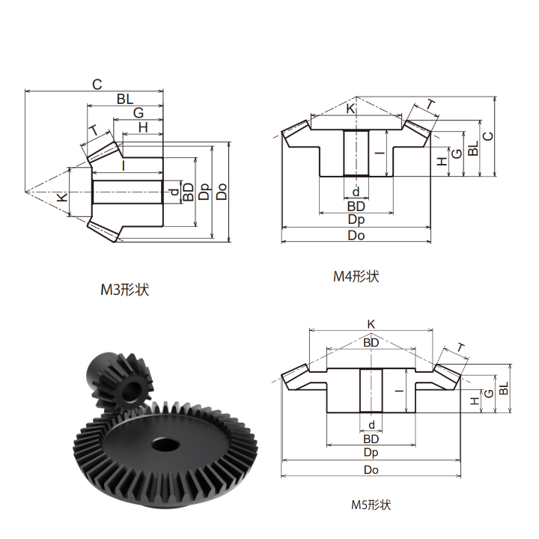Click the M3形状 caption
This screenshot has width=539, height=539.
click(125, 290)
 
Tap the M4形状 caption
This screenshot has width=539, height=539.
click(356, 276)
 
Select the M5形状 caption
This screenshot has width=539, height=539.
click(371, 505)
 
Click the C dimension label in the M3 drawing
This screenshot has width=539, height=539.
click(97, 84)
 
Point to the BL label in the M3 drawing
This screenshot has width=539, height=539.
click(125, 99)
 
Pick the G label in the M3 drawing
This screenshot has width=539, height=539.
click(138, 113)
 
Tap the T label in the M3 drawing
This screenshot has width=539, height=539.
click(94, 131)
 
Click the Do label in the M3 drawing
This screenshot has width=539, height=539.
click(222, 192)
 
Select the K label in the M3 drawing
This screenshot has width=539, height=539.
click(62, 198)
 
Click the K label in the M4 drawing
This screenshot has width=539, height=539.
click(350, 109)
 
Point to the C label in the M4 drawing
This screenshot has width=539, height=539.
click(488, 136)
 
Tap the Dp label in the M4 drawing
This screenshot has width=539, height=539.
click(356, 219)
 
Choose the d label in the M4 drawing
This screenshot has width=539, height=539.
click(356, 192)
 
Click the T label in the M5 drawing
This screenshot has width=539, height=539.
click(460, 348)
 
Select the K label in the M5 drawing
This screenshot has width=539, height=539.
click(371, 324)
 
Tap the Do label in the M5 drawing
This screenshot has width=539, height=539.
click(371, 469)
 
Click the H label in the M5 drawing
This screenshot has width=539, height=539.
click(475, 401)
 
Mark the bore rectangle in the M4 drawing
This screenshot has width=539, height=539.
click(356, 153)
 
